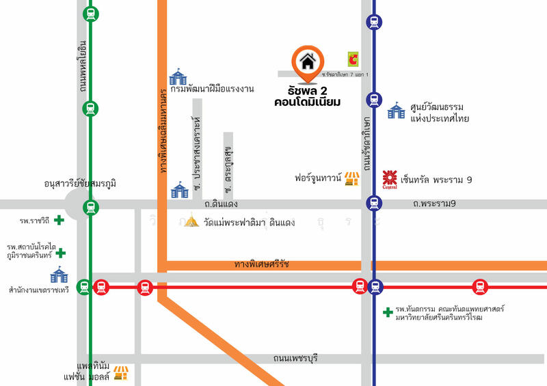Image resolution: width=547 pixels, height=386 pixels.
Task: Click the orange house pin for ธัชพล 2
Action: [x=308, y=61]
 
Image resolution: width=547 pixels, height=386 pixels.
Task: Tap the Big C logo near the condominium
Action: [x=353, y=59]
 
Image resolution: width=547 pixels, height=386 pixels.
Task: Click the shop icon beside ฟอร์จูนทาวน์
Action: [x=351, y=179]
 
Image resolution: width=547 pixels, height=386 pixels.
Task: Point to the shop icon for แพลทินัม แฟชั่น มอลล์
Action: [x=121, y=372]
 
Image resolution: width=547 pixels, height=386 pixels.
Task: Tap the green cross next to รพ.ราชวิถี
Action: [x=59, y=220]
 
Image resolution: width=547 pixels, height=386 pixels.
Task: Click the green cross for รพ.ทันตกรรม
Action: [x=388, y=312]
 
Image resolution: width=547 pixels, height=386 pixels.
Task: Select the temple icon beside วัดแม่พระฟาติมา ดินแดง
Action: [x=192, y=221]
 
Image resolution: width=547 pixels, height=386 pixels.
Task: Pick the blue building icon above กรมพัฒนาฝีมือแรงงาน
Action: [x=178, y=76]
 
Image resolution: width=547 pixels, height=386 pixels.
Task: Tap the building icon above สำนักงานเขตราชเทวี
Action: [x=59, y=275]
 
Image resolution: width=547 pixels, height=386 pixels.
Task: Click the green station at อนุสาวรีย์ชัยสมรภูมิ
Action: [x=90, y=206]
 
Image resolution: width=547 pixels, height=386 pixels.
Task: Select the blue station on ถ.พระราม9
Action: [x=373, y=202]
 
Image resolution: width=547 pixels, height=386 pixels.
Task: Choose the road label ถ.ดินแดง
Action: [x=220, y=204]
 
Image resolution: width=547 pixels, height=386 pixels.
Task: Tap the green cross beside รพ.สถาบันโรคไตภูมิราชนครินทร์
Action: [x=61, y=253]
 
